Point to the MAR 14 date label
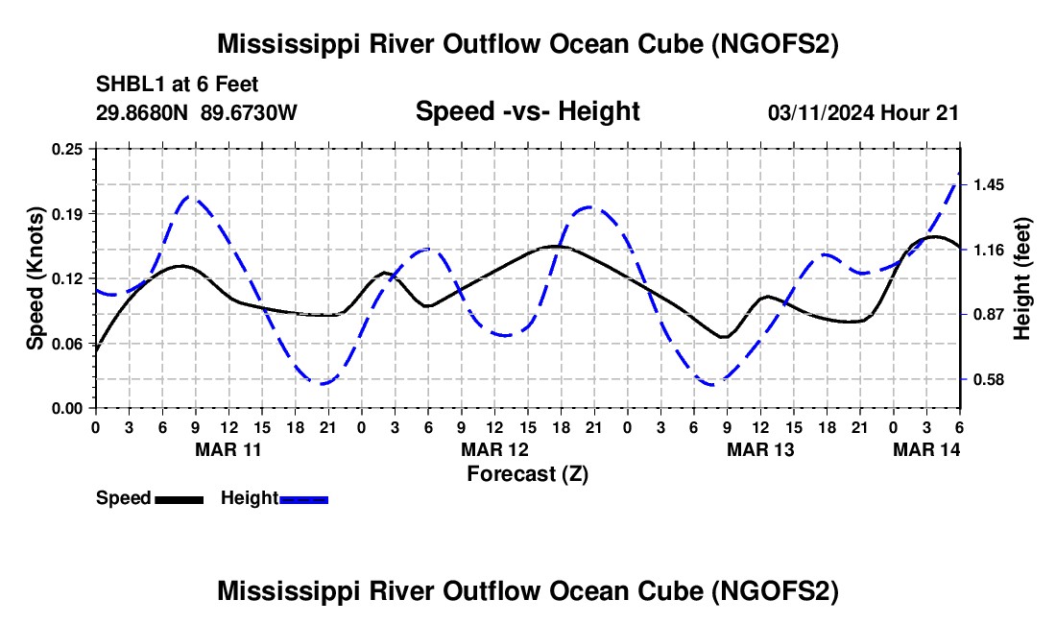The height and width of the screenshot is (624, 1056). [x=927, y=449]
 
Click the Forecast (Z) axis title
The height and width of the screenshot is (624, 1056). [x=527, y=473]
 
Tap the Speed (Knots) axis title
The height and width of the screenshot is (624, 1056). [x=36, y=278]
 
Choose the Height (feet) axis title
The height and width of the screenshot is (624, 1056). [x=1021, y=278]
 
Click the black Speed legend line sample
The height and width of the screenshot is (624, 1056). [x=180, y=498]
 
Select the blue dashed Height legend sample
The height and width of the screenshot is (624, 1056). [x=304, y=498]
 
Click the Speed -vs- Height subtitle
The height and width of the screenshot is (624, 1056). [x=527, y=111]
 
